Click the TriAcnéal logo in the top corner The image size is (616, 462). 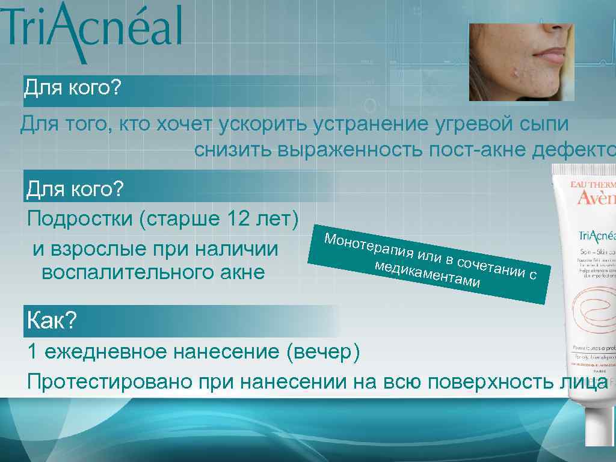click(90, 30)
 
